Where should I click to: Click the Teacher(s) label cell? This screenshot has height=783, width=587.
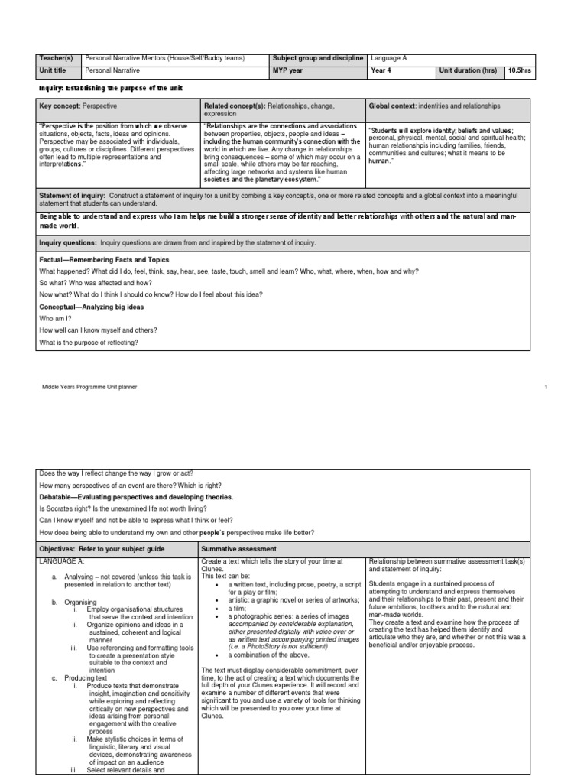(x=57, y=58)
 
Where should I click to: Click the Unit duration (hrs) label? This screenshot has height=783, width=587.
(x=468, y=70)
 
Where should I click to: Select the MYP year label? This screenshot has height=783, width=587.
(x=290, y=70)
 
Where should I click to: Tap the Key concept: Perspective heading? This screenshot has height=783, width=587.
(x=79, y=106)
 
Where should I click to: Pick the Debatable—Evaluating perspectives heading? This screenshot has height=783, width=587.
(x=125, y=496)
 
